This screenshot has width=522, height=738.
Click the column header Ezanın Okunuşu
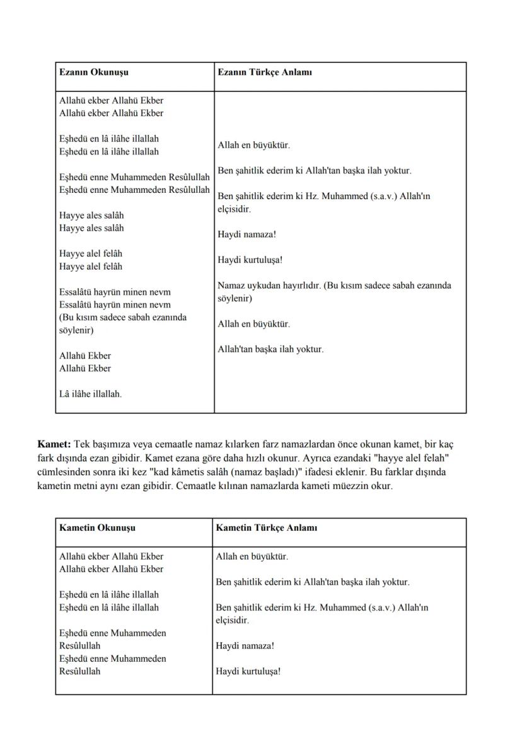coord(94,72)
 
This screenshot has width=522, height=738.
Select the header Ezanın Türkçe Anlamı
coord(264,72)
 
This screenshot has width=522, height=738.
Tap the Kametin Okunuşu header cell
coord(97,528)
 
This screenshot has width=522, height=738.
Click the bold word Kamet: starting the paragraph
coord(55,444)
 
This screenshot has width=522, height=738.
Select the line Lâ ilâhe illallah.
coord(91,394)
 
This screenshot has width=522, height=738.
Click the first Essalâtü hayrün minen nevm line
coord(115,292)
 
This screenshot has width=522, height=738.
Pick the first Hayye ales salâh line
coord(91,216)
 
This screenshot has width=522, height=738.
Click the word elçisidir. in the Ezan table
coord(234,209)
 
